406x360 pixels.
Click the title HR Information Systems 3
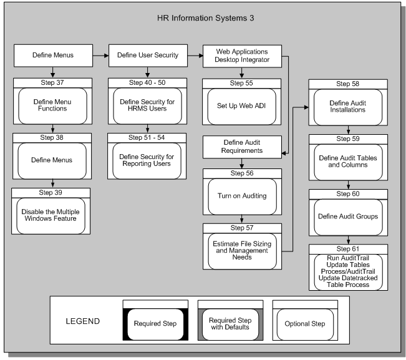tap(205, 18)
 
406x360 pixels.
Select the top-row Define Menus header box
tap(53, 56)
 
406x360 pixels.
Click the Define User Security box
tap(148, 56)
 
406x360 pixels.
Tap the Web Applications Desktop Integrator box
tap(242, 56)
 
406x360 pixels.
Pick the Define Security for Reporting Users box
tap(148, 158)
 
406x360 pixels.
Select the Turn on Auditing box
tap(242, 195)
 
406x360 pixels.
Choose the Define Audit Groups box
tap(348, 216)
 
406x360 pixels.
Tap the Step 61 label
tap(348, 248)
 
